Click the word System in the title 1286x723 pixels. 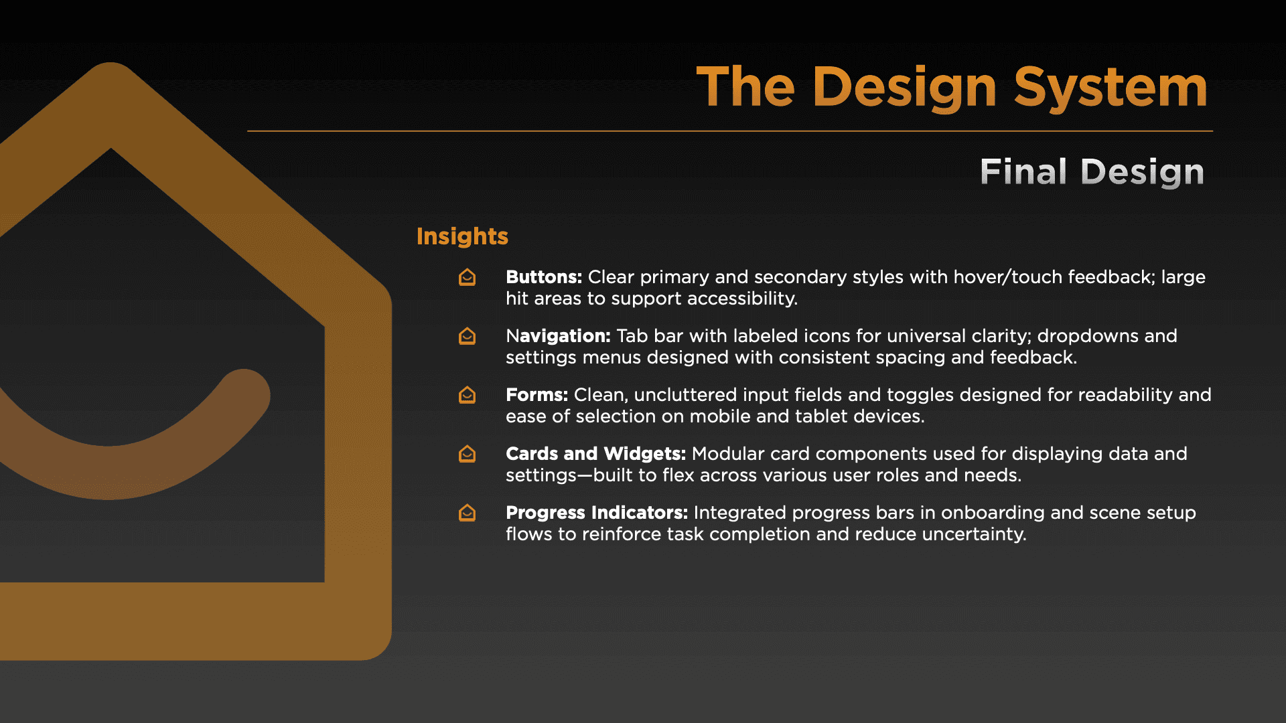pos(1111,87)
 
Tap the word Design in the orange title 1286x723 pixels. pos(905,87)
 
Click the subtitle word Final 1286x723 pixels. pos(1023,171)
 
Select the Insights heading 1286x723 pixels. pos(462,236)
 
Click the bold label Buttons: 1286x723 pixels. pos(544,276)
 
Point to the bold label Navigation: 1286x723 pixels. pos(558,336)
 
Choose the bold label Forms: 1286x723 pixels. pos(537,394)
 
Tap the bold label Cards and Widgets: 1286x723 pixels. pos(595,453)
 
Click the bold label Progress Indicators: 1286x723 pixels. pos(597,512)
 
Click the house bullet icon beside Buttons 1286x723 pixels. pos(467,277)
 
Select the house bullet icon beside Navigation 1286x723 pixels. pos(467,336)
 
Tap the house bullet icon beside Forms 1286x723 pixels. pos(467,395)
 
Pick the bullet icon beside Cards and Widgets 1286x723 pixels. pos(467,454)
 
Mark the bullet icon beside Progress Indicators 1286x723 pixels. pos(467,513)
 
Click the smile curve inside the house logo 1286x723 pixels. pos(111,472)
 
